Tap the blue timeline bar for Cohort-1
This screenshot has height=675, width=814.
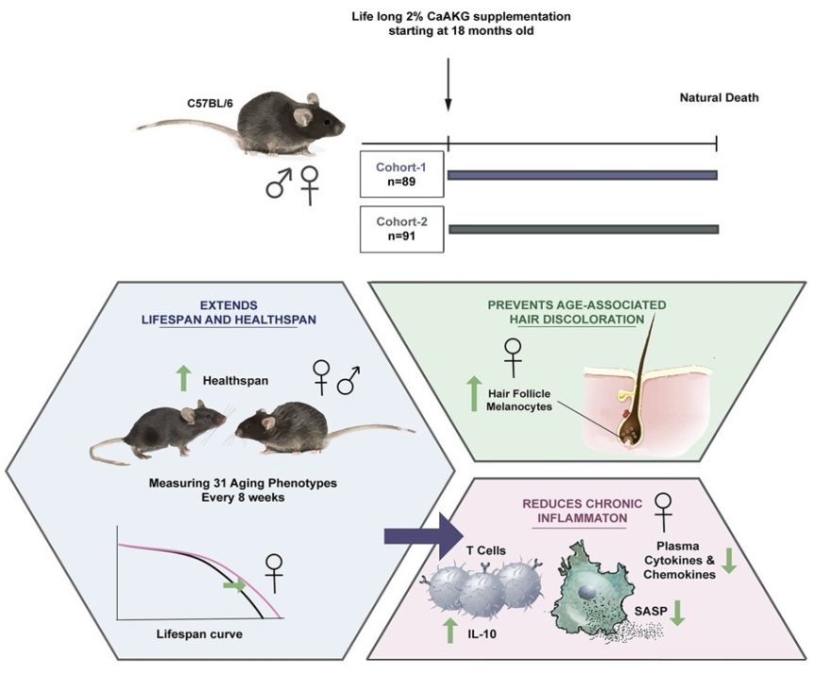582,174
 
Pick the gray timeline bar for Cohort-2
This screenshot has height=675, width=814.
583,229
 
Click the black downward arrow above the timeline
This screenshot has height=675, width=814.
448,89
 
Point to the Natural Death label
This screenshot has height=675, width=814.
719,98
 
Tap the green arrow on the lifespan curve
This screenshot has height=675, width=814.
232,585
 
